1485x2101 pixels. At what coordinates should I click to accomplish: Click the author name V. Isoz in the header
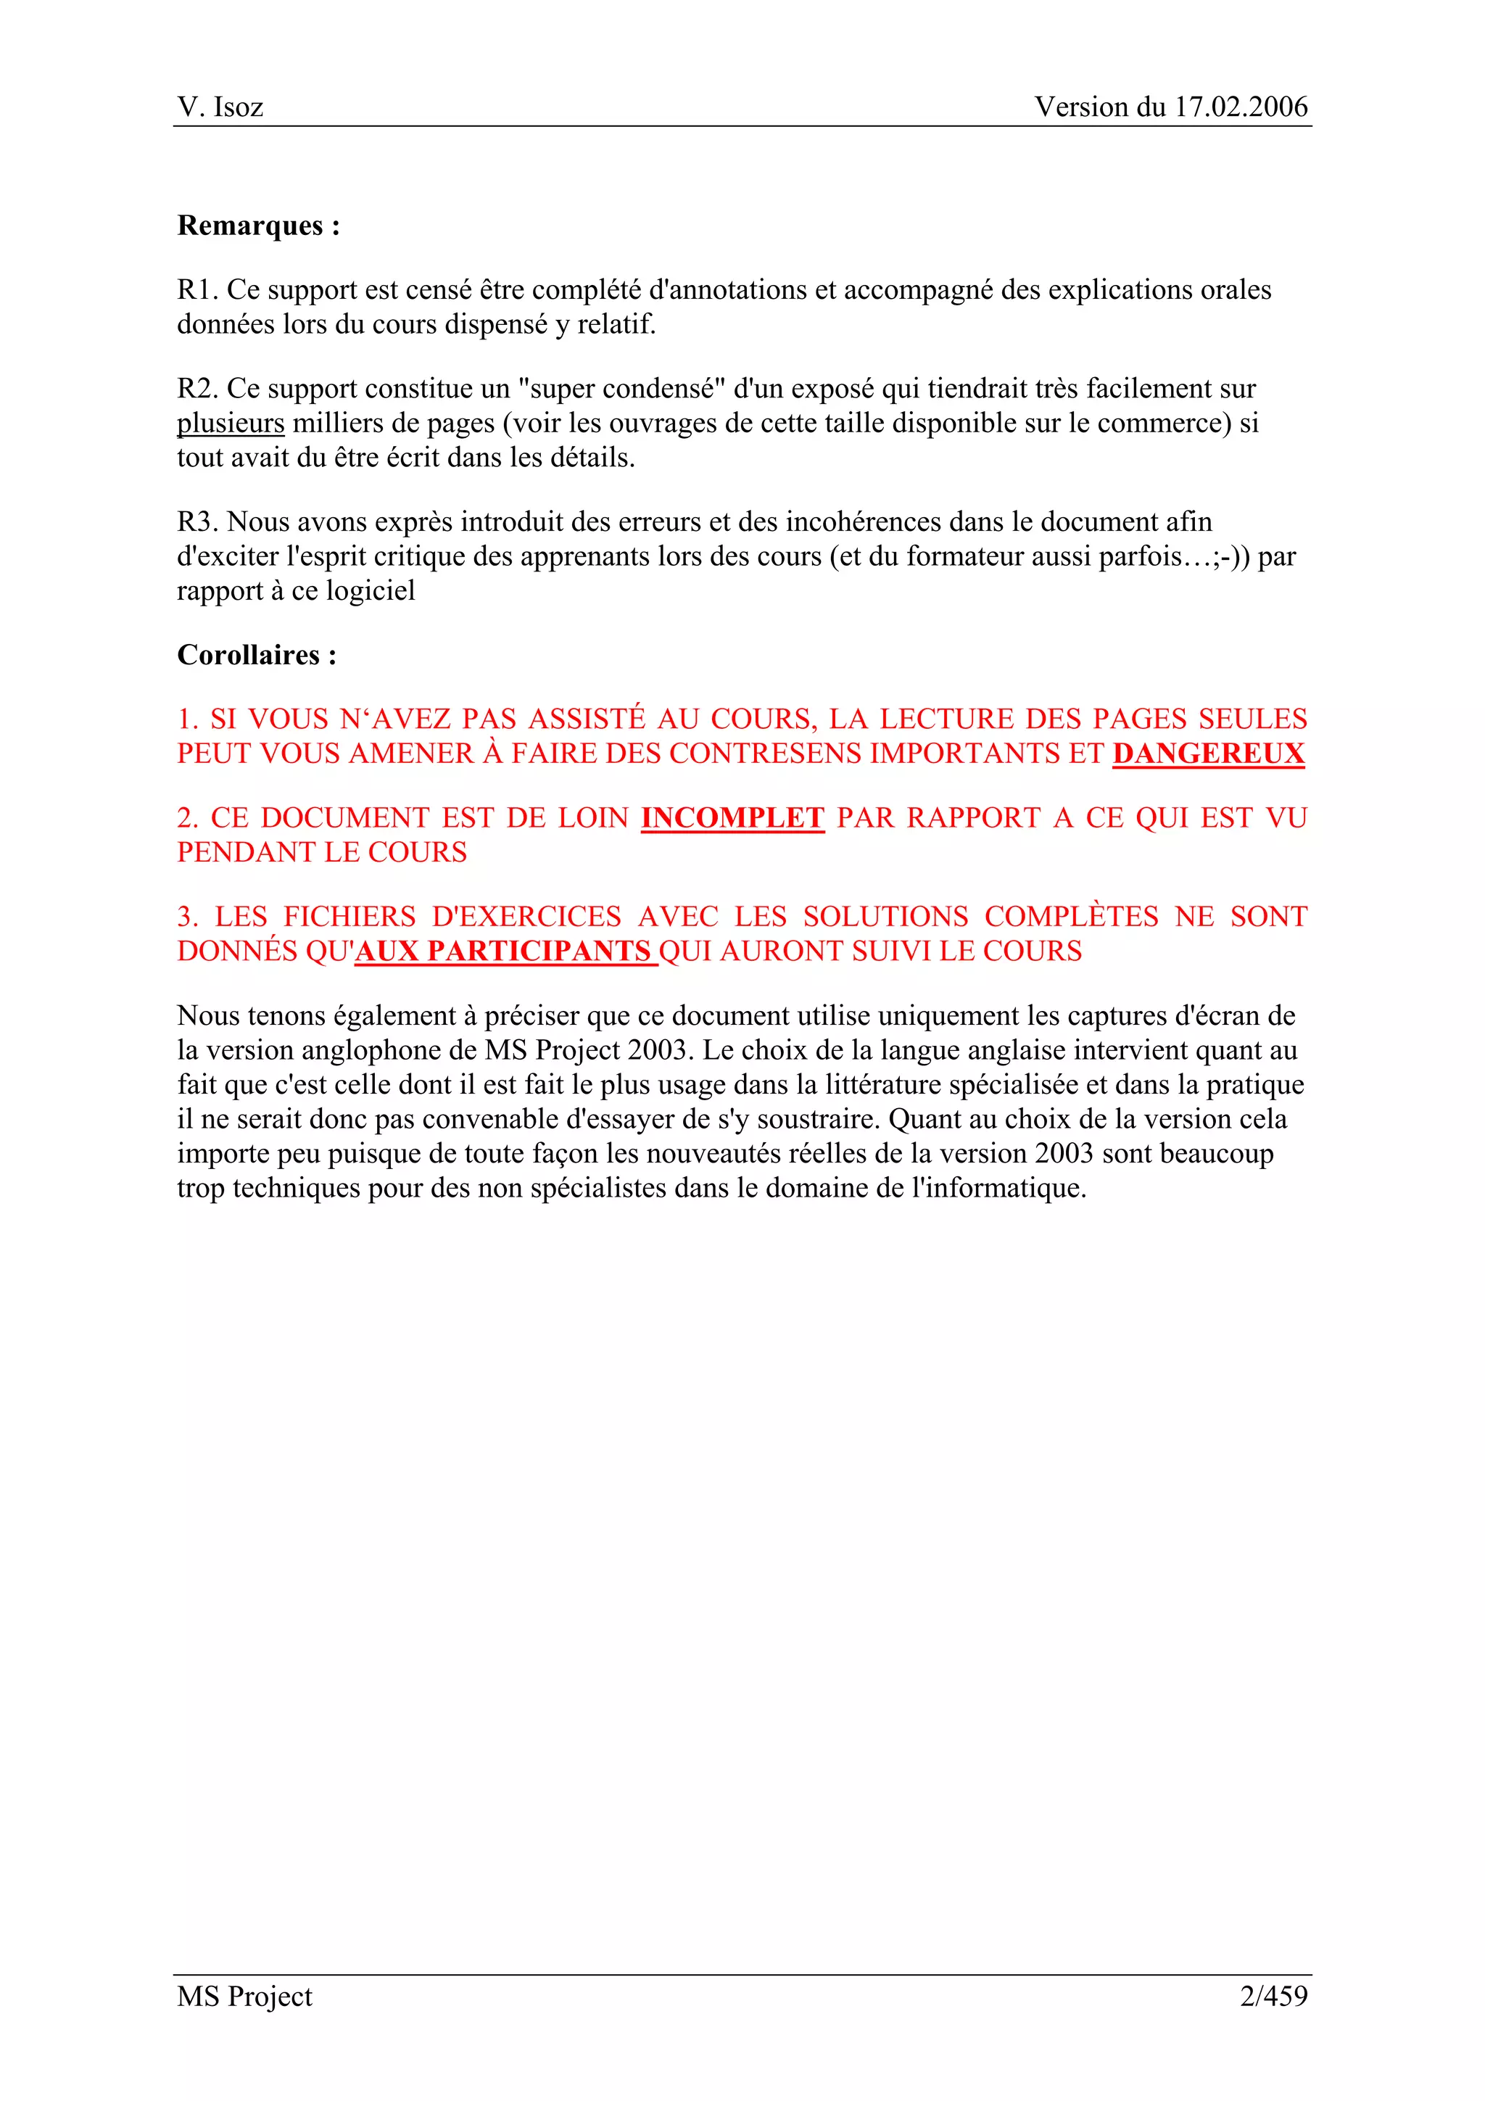220,107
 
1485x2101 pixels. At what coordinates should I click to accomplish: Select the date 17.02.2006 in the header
1241,107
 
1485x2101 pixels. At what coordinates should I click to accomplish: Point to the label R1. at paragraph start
198,290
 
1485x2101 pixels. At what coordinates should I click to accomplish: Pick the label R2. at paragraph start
198,389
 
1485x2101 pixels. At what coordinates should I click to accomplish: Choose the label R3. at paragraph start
198,521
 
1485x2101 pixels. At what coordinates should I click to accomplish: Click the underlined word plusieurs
231,424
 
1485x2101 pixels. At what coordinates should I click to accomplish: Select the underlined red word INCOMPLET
732,817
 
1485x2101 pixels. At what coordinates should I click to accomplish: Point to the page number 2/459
1274,1996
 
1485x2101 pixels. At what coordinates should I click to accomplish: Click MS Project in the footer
244,1996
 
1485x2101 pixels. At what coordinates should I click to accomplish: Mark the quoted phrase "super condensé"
621,389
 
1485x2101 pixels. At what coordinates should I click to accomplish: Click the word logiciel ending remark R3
371,591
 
